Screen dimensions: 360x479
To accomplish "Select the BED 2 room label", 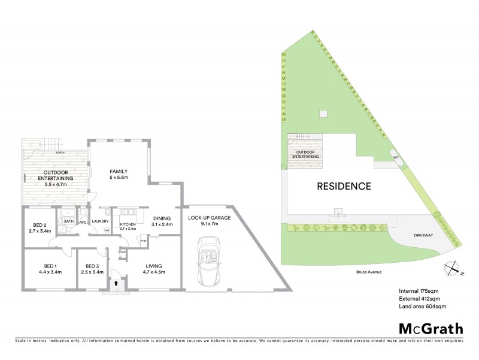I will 40,226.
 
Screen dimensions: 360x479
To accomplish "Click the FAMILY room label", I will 119,175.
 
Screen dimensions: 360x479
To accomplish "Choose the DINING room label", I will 162,220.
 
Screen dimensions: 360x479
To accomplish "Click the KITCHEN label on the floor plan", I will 129,224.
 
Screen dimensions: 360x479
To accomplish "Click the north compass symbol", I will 452,268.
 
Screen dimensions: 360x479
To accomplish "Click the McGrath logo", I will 431,328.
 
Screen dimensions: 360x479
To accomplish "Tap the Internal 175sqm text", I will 420,292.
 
